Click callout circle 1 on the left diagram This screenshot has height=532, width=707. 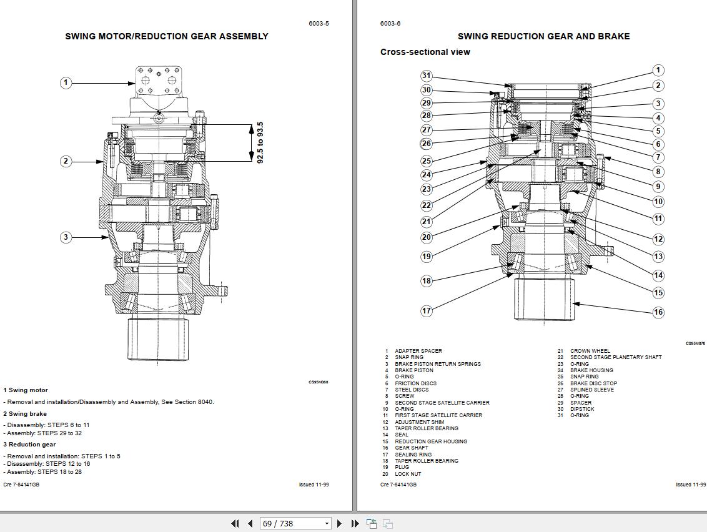click(66, 82)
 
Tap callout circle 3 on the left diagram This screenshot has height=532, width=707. click(66, 237)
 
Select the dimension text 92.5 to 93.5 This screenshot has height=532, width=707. click(260, 142)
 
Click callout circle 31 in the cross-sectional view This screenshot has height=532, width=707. click(426, 76)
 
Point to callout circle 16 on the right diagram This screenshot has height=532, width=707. click(658, 312)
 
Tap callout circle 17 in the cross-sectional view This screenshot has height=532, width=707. click(426, 311)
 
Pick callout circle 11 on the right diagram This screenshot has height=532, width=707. click(658, 219)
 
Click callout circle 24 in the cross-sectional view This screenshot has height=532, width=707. click(426, 175)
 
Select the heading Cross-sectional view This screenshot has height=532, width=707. click(425, 52)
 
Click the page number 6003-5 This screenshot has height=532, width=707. click(319, 24)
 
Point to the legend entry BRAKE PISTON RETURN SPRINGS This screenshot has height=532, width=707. click(437, 364)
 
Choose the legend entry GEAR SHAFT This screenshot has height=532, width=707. click(411, 448)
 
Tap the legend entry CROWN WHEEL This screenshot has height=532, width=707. click(590, 351)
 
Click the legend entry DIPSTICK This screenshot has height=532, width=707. click(582, 409)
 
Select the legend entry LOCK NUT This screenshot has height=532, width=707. click(408, 474)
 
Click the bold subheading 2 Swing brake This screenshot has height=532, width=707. click(25, 413)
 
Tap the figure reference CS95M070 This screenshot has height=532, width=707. click(695, 343)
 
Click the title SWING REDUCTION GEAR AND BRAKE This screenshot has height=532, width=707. click(543, 36)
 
